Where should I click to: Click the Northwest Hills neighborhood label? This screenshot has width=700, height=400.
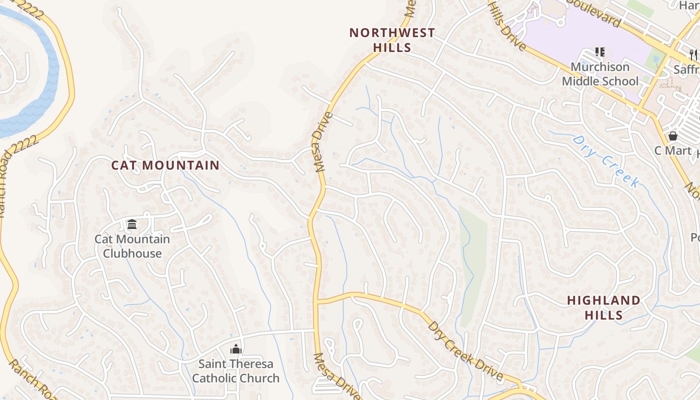click(392, 40)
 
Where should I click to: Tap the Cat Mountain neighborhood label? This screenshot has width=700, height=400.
click(165, 165)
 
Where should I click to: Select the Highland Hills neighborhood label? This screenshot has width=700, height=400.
click(603, 307)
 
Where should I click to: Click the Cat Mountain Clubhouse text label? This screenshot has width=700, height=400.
click(132, 246)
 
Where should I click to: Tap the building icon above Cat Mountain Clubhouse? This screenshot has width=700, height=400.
click(132, 224)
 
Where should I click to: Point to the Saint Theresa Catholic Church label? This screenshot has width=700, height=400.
click(235, 370)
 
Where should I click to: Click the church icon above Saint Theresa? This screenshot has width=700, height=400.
click(235, 349)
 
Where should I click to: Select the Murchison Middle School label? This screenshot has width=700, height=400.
click(600, 74)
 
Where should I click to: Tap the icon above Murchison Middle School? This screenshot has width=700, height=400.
click(600, 52)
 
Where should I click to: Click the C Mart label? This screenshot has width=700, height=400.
click(673, 150)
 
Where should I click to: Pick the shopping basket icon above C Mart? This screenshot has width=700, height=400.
click(673, 136)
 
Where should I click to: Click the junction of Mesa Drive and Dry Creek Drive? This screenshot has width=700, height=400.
click(316, 301)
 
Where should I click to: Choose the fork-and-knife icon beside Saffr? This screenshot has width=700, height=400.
click(693, 54)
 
